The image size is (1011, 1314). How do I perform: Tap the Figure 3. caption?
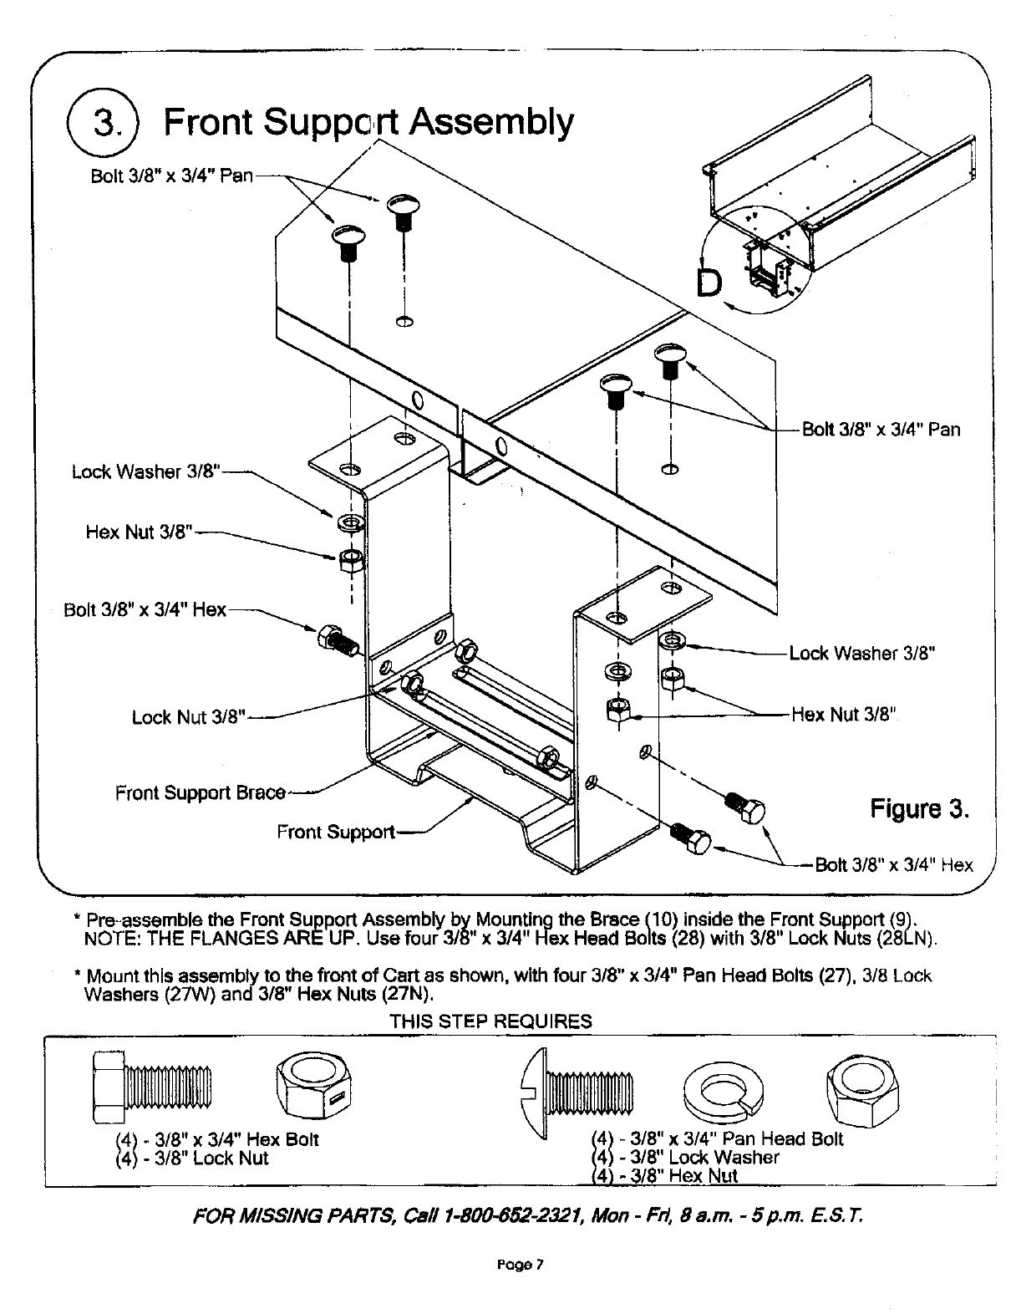920,809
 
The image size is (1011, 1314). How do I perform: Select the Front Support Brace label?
201,792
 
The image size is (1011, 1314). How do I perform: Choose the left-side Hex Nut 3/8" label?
140,532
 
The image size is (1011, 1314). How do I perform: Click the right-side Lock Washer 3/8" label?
861,653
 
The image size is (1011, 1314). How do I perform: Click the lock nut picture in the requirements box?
314,1087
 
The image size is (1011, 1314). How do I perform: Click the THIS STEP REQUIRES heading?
490,1021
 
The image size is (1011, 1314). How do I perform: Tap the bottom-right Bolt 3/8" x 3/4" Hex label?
893,865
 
